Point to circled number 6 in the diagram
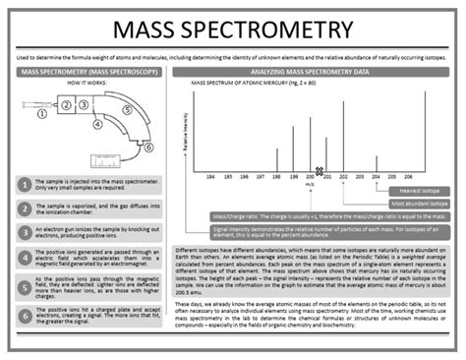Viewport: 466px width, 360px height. pyautogui.click(x=148, y=149)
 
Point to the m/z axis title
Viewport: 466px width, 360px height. pyautogui.click(x=310, y=184)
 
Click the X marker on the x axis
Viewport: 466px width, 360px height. pyautogui.click(x=319, y=170)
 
